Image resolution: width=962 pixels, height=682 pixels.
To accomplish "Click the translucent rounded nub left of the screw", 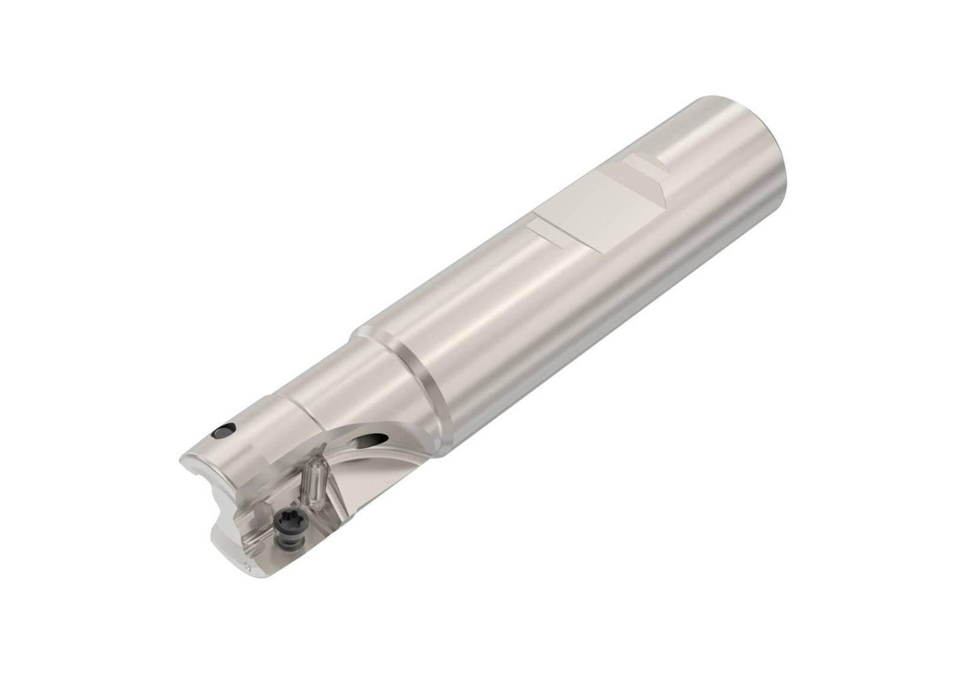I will click(262, 512).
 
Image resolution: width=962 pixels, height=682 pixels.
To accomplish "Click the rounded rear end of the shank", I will click(769, 123).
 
